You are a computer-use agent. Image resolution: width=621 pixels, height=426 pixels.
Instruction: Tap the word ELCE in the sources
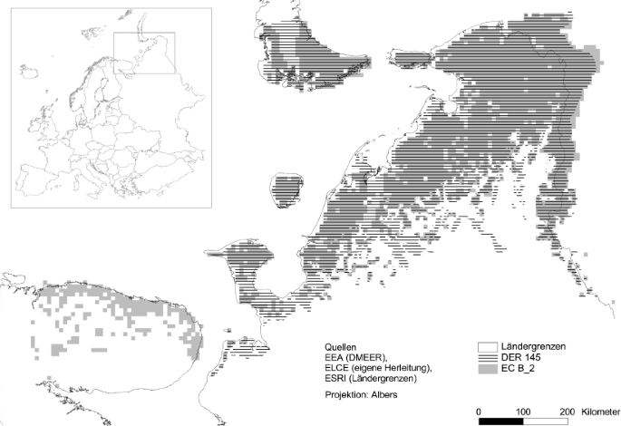point(337,370)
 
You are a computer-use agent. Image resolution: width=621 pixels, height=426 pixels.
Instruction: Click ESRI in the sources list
point(336,381)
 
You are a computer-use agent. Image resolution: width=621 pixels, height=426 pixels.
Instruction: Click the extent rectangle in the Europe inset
point(143,52)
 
